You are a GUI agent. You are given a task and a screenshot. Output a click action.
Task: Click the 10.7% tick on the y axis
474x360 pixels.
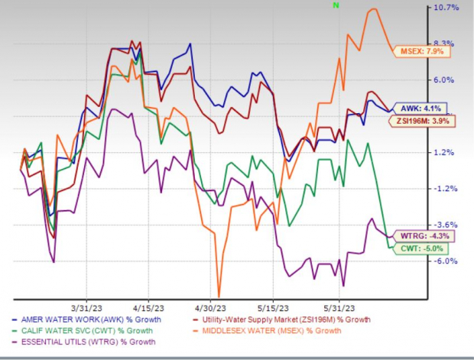pos(446,8)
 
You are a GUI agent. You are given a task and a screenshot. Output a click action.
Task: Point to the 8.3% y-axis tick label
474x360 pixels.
pos(446,44)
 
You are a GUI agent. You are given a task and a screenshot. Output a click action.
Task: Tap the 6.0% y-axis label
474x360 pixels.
pos(446,80)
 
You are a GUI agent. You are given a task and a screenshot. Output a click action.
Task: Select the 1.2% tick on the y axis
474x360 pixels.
pos(446,153)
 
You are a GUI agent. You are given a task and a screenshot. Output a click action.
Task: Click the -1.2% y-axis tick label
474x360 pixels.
pos(446,189)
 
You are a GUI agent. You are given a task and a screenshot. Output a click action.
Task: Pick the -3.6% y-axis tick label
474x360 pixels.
pos(446,225)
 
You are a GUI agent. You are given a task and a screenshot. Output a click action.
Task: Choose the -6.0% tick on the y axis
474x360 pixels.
pos(446,261)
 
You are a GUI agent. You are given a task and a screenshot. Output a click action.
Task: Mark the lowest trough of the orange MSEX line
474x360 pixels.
pos(219,297)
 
